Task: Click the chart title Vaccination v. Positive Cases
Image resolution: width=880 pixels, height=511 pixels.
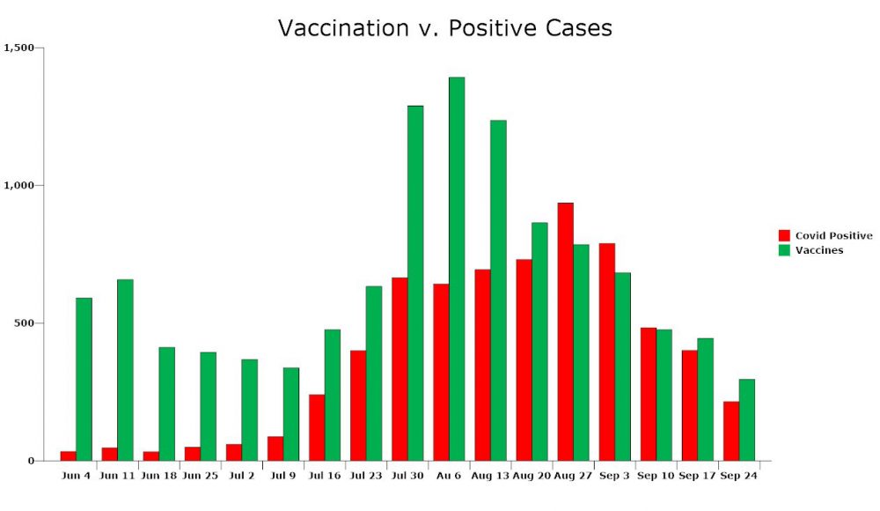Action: coord(444,28)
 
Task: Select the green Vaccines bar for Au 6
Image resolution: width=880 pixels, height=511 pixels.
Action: coord(457,269)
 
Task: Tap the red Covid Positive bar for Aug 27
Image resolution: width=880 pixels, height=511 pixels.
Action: coord(565,331)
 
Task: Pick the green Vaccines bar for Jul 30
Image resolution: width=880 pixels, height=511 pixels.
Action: coord(415,284)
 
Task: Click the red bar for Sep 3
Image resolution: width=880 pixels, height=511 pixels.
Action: coord(606,352)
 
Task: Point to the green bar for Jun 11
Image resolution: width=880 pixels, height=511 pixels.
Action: coord(125,370)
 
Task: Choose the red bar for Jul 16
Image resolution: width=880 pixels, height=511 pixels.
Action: coord(317,428)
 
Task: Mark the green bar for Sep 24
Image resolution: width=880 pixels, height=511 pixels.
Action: coord(746,420)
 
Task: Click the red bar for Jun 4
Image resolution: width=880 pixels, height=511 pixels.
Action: coord(68,455)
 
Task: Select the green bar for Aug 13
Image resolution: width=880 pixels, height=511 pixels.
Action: coord(498,291)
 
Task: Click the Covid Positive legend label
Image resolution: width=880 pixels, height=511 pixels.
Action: coord(833,235)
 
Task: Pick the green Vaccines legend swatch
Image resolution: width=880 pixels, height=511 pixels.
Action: coord(784,250)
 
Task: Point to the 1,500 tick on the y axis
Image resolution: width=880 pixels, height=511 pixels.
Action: coord(19,48)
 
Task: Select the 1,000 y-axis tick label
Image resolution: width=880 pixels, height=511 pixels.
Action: coord(19,185)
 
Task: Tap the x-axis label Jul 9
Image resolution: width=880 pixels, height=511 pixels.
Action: coord(282,476)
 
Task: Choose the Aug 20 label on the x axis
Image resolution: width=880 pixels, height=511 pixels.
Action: coord(531,476)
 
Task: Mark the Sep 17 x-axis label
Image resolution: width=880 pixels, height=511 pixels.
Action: coord(697,476)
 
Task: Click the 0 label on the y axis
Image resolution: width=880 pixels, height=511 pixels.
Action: coord(32,461)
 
